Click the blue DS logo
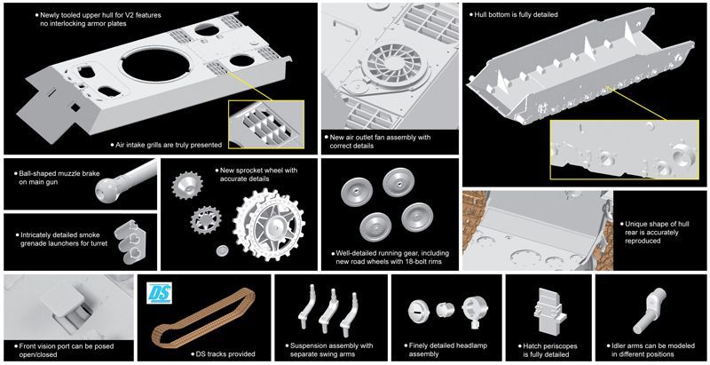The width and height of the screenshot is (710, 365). [x=160, y=293]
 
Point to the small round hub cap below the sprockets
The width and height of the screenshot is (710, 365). [x=223, y=250]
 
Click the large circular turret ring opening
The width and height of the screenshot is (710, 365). [x=156, y=66]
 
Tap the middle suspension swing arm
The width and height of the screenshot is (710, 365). [x=328, y=310]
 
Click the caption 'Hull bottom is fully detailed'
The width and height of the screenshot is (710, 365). [x=517, y=14]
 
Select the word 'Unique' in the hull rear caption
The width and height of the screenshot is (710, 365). [x=635, y=224]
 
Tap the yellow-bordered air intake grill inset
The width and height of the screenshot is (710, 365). [x=266, y=124]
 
